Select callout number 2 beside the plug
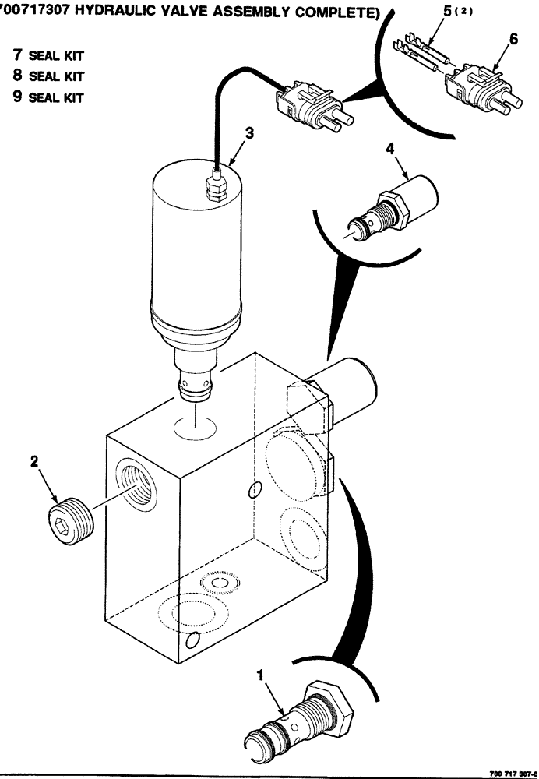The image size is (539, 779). pyautogui.click(x=33, y=462)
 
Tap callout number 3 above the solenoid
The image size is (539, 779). pyautogui.click(x=248, y=134)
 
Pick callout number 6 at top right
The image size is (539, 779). pyautogui.click(x=513, y=38)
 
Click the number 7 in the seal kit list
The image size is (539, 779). pyautogui.click(x=17, y=56)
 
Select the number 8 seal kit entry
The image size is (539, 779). pyautogui.click(x=17, y=76)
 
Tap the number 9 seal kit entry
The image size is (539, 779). pyautogui.click(x=17, y=97)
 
